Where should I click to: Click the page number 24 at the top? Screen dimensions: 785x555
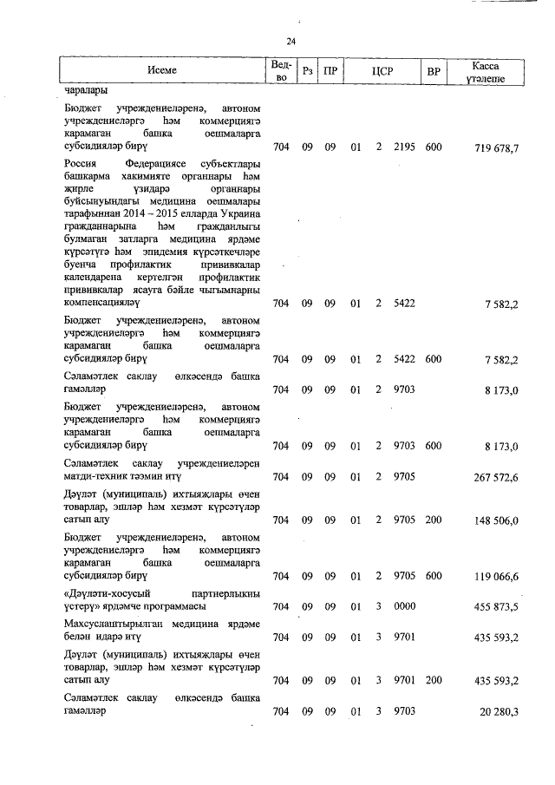coord(291,42)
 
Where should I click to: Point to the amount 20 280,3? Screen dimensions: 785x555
coord(498,712)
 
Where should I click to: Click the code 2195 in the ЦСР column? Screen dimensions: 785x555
coord(404,148)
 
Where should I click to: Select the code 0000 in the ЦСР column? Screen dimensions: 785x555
coord(404,607)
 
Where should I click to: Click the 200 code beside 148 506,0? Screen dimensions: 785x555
coord(434,520)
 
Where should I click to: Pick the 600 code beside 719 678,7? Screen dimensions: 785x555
coord(434,148)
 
